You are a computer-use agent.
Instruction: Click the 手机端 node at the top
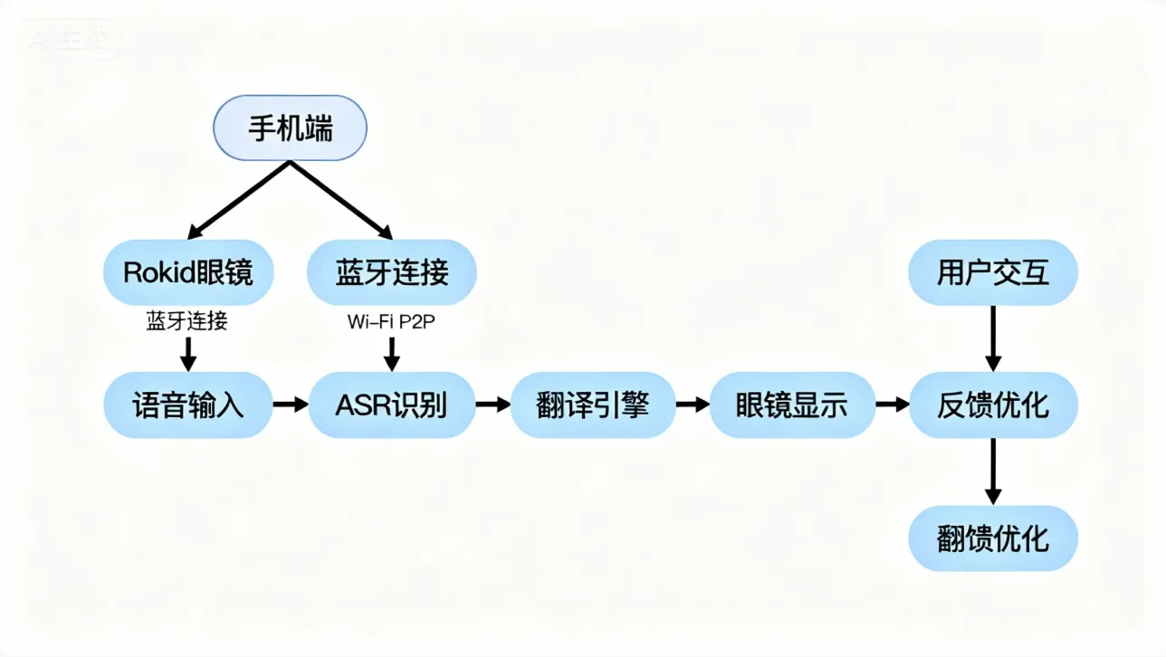click(290, 128)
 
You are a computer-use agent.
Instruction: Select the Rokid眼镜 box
click(187, 271)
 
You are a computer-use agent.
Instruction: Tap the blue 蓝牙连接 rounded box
click(392, 271)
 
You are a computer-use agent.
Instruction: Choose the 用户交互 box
click(993, 271)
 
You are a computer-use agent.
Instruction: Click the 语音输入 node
click(187, 405)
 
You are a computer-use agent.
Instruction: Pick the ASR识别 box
click(392, 405)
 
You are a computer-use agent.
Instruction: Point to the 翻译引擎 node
click(593, 405)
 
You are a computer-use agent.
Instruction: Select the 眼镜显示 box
click(792, 405)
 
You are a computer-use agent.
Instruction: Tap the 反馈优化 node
click(993, 405)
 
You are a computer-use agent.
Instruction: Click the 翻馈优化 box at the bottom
click(993, 538)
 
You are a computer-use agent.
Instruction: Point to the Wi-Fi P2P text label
click(392, 321)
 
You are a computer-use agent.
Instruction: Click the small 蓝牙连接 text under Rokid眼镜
click(187, 321)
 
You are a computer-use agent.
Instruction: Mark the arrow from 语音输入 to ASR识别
click(291, 405)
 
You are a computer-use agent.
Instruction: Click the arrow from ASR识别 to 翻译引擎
click(493, 405)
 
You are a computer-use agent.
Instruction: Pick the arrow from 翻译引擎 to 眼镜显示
click(693, 405)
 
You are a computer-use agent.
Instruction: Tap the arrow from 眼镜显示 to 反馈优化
click(892, 405)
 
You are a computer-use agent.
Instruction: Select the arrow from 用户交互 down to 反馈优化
click(993, 338)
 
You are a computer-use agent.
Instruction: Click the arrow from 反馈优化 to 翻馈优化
click(993, 471)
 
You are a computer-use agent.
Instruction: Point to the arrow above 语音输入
click(187, 354)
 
